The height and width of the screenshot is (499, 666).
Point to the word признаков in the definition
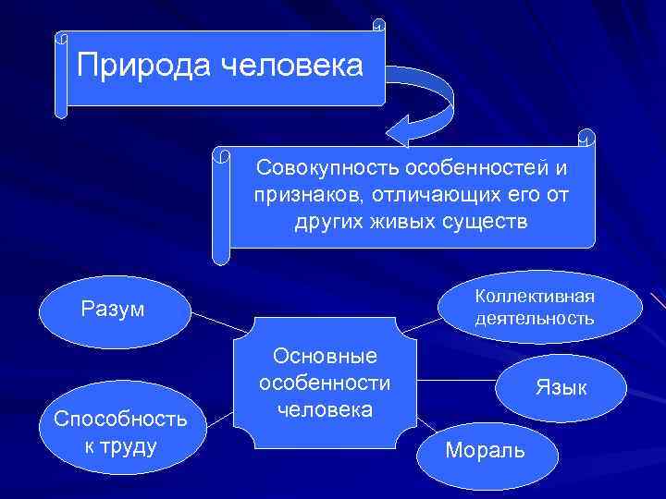point(300,196)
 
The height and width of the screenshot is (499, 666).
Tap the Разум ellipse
point(113,309)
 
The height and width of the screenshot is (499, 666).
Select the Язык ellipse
point(561,387)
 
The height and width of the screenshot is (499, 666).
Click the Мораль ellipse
point(487,450)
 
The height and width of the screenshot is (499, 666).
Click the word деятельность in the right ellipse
point(535,319)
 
